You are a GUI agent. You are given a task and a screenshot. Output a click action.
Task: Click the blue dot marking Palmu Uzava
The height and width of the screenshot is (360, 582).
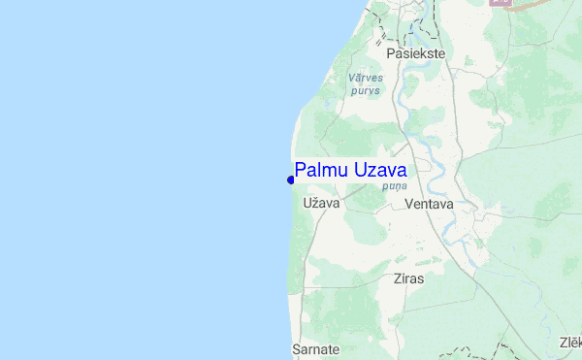tap(291, 179)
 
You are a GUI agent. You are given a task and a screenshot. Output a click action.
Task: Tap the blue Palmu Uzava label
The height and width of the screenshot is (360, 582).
tap(350, 171)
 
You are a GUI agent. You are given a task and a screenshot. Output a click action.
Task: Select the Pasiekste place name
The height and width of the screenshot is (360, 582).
tap(415, 54)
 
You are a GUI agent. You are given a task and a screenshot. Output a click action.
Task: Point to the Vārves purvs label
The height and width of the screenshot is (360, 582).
tap(365, 83)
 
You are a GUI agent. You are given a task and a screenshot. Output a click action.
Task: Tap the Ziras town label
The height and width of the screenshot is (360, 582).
tap(409, 278)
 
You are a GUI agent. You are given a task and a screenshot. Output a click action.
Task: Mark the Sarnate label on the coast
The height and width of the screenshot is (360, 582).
tap(315, 348)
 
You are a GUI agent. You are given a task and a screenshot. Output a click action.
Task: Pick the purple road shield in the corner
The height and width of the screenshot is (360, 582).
tap(501, 3)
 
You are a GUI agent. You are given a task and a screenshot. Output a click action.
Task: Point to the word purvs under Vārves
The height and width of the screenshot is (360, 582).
tap(365, 90)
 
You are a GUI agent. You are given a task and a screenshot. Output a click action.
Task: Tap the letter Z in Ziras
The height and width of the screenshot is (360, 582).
tap(397, 278)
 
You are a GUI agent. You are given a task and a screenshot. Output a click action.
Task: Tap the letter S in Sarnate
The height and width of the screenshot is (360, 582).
tap(296, 348)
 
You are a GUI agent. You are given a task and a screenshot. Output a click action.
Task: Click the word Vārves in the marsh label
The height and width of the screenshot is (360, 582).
tap(365, 77)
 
